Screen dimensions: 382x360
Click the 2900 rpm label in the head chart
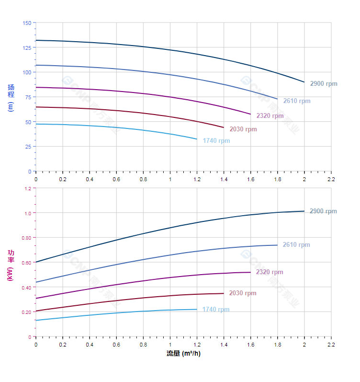click(324, 84)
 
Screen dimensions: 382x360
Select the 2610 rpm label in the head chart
click(297, 101)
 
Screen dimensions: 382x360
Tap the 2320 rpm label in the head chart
click(270, 116)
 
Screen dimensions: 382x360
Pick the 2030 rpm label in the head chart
click(243, 129)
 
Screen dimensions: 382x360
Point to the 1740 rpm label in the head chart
click(216, 141)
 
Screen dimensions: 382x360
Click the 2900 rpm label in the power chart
click(323, 211)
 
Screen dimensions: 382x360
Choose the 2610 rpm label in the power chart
click(296, 245)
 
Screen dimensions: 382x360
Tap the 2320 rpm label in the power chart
click(270, 272)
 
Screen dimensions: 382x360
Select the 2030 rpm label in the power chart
click(243, 293)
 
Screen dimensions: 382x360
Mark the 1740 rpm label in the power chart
click(216, 310)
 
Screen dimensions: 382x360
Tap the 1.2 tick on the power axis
click(27, 188)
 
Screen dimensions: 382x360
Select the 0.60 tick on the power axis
click(26, 263)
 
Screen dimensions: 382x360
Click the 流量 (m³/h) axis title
click(183, 354)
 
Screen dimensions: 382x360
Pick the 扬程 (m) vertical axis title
click(11, 98)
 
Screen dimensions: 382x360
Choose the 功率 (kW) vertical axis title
click(11, 265)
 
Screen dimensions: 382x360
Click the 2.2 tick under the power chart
click(331, 345)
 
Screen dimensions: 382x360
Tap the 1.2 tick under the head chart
click(197, 179)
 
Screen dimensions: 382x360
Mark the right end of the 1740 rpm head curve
click(197, 139)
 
